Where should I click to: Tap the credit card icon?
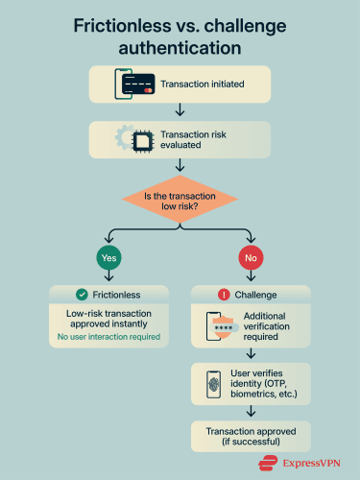pos(138,84)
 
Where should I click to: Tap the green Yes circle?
pos(108,257)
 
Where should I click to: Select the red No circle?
pos(251,257)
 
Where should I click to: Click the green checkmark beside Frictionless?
pos(82,293)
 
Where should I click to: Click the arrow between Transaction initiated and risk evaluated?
pos(180,111)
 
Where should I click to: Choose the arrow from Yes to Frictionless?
pos(108,277)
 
